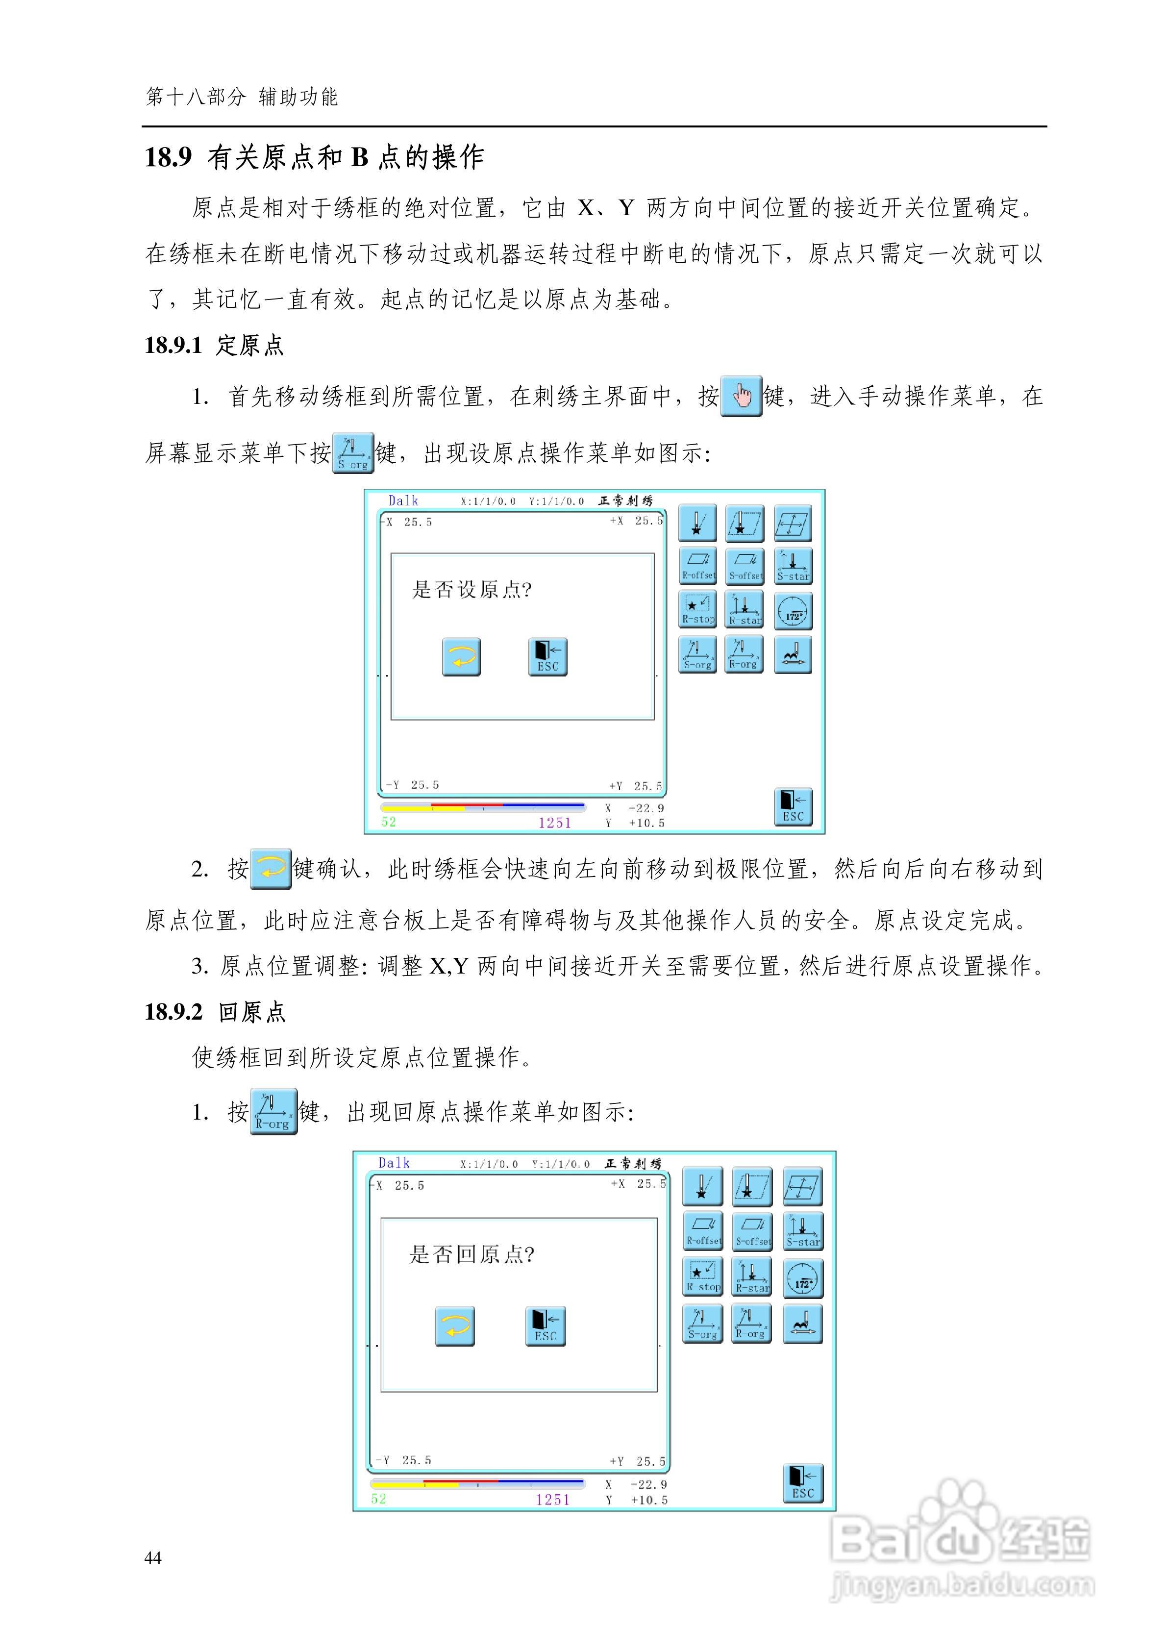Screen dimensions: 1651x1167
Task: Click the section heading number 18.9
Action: (x=168, y=157)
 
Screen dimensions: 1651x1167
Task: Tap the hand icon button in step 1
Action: (x=741, y=396)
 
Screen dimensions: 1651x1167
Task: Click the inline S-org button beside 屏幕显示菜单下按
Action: (x=353, y=452)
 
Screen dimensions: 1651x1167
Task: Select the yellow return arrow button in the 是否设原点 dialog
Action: (x=461, y=656)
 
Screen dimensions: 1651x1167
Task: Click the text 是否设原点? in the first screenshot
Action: (x=471, y=590)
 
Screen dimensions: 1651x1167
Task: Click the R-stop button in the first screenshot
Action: (x=697, y=610)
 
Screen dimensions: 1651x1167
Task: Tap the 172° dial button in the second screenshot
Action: (x=802, y=1278)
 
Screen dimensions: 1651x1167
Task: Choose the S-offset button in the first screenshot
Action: (x=745, y=566)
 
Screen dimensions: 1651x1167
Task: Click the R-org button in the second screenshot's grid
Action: (x=751, y=1324)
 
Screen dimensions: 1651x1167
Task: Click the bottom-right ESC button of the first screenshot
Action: (x=793, y=807)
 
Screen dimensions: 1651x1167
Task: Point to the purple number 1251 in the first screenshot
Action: (x=554, y=823)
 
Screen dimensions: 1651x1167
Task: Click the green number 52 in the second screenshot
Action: (x=379, y=1499)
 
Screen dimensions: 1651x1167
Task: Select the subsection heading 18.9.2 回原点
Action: (x=215, y=1012)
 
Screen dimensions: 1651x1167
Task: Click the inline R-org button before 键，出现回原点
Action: (x=273, y=1112)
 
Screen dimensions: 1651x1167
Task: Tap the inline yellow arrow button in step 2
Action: (x=271, y=869)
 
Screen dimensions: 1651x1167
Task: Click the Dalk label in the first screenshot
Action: (x=403, y=500)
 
